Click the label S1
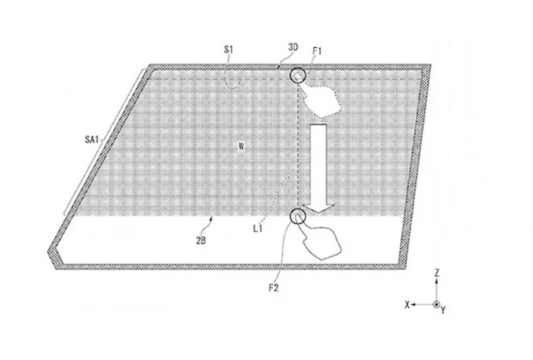(x=229, y=50)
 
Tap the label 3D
(x=293, y=47)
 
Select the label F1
(x=317, y=51)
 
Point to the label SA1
(x=91, y=139)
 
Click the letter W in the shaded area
(x=241, y=146)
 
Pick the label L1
(x=258, y=229)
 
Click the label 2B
(x=201, y=241)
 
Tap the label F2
(x=274, y=288)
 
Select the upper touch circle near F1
(x=298, y=75)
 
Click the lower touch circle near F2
(x=298, y=216)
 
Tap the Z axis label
(x=437, y=272)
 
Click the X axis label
(x=407, y=305)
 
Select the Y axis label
(x=443, y=310)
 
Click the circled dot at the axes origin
(x=436, y=305)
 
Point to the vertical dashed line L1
(x=298, y=146)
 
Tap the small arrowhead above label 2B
(x=211, y=219)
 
